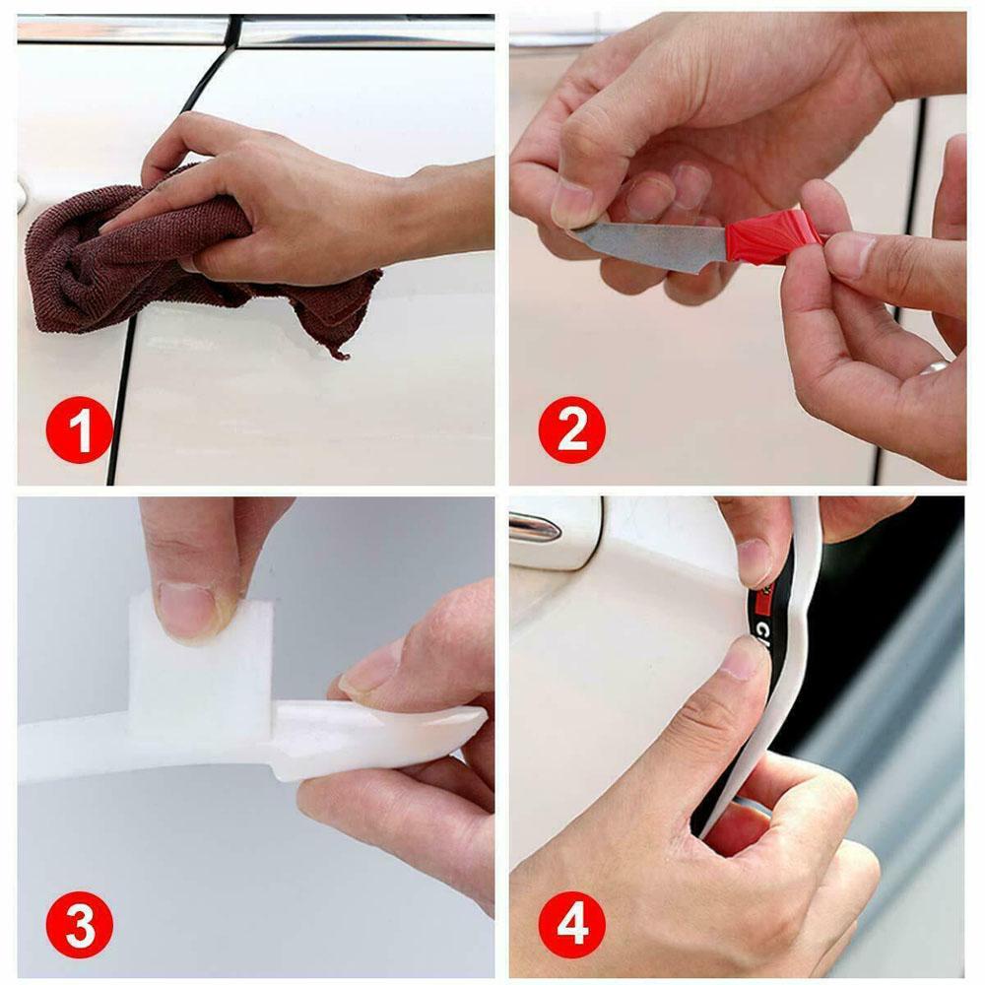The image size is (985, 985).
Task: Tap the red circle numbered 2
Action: pos(572,430)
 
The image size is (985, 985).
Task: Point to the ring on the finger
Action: pos(933,366)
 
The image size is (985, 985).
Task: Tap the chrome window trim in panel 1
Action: pos(364,33)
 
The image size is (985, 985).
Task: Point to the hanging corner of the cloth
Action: pos(340,345)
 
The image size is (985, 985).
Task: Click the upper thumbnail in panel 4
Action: pos(755,561)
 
